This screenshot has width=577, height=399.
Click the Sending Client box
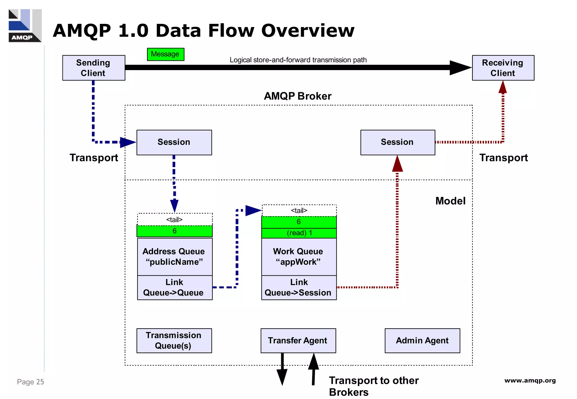94,68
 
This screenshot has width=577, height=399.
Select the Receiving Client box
503,68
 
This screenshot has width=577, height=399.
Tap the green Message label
165,54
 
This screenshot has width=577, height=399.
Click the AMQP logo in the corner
25,26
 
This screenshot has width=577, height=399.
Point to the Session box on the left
174,142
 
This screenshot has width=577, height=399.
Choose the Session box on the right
398,142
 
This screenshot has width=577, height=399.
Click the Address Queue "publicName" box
175,257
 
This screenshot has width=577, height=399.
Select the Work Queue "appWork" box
299,257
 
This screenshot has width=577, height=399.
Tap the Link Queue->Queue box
175,288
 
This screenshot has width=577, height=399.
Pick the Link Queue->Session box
299,288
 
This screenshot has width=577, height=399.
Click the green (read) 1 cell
299,233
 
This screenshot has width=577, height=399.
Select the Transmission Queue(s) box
174,340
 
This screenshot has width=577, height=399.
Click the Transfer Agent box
298,340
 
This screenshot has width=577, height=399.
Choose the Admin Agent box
422,340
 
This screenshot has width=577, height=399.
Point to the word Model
450,201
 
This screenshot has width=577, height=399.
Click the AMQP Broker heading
298,96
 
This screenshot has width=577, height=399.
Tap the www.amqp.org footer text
530,381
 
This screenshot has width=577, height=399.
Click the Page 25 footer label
30,382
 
